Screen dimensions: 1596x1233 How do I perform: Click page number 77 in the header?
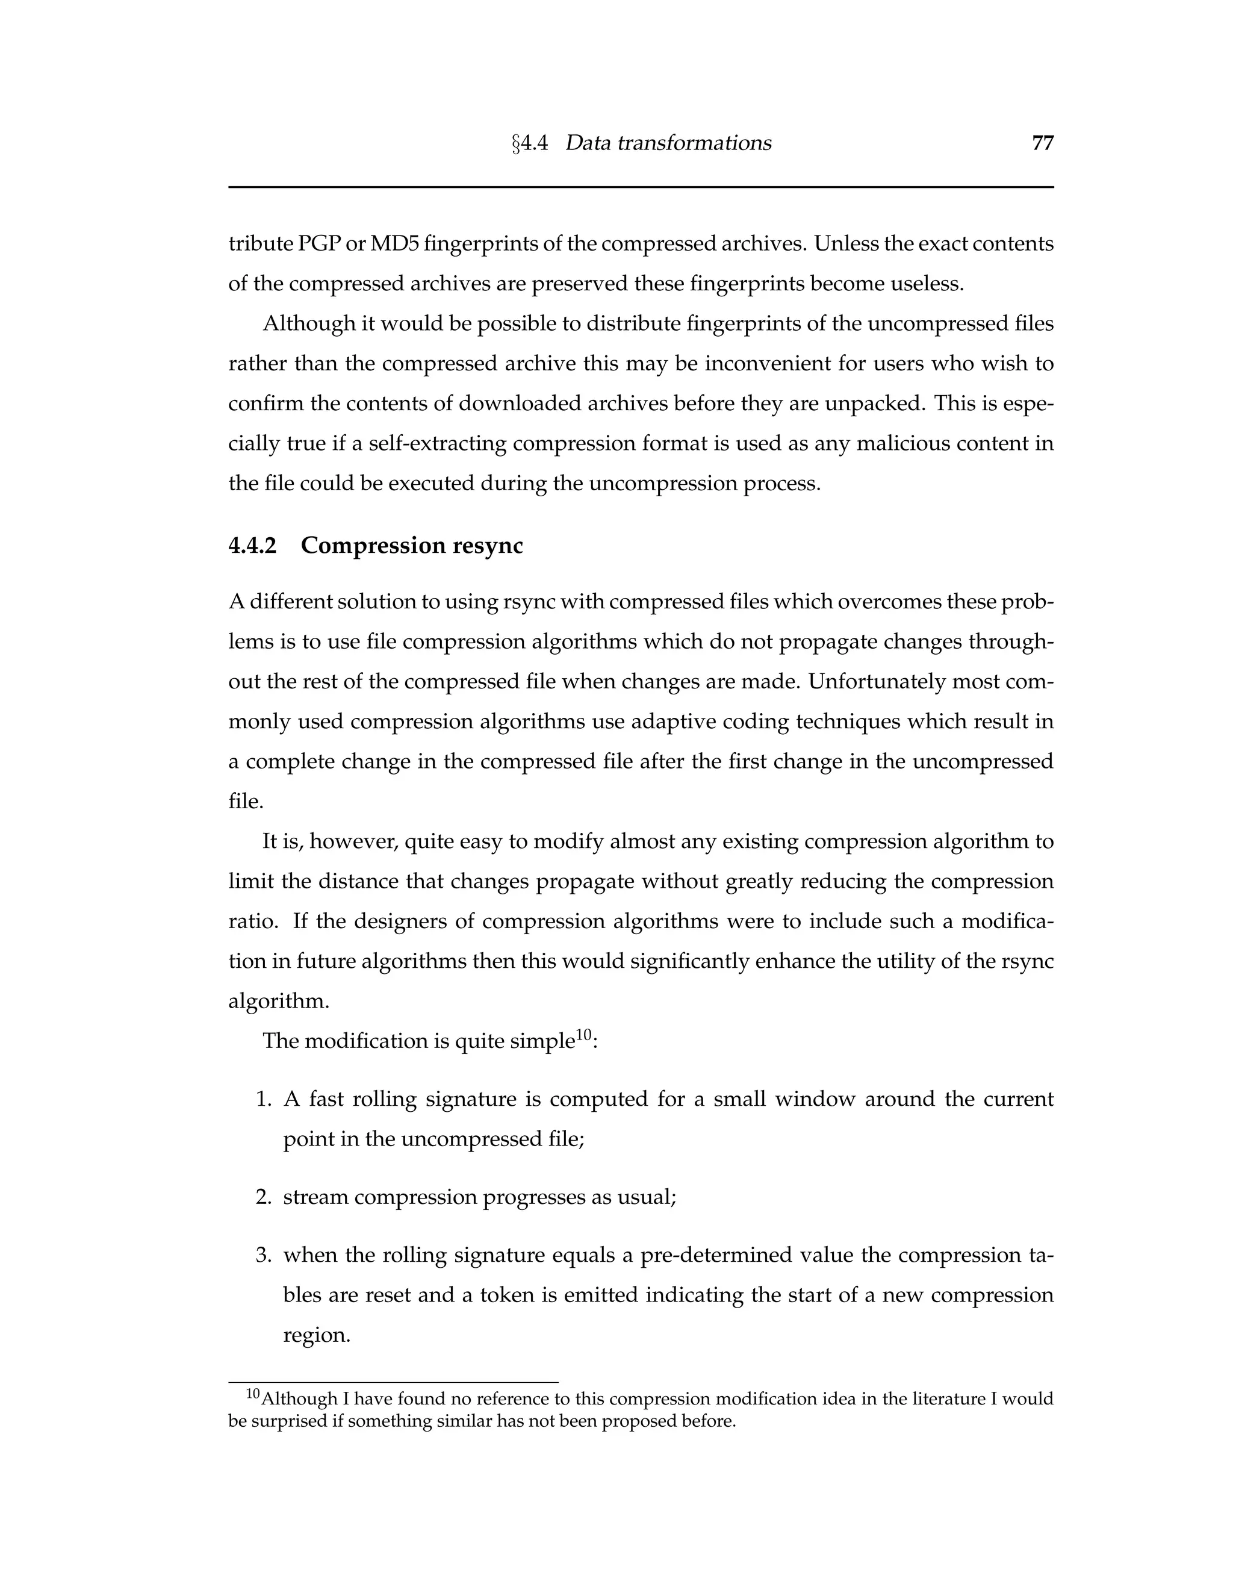coord(1042,143)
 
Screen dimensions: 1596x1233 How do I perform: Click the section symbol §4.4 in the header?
coord(530,143)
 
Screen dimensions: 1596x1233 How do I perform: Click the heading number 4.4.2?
coord(253,546)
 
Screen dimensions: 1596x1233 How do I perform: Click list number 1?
coord(264,1100)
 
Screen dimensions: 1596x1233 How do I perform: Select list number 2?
coord(264,1198)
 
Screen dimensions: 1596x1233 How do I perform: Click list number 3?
coord(264,1256)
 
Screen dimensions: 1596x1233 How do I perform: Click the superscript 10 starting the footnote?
coord(252,1394)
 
